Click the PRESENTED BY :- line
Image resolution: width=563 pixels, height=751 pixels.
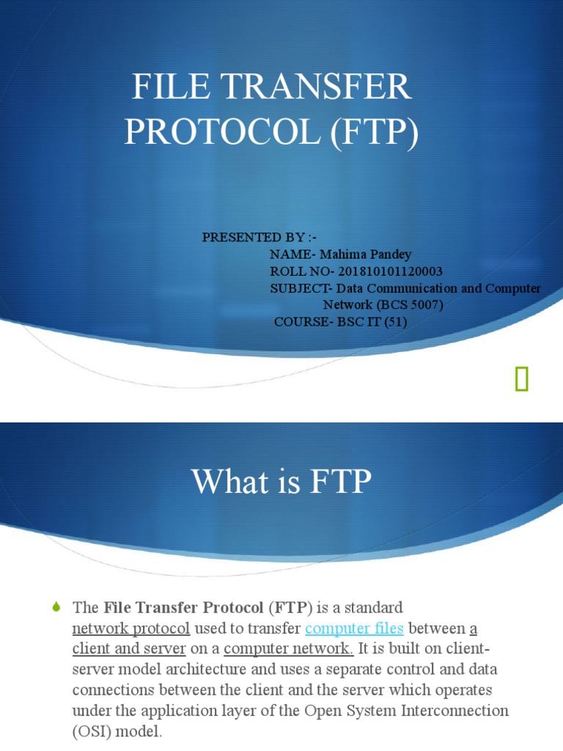coord(253,237)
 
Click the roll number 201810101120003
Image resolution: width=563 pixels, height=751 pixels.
coord(391,271)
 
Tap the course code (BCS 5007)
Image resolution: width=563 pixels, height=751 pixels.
coord(410,304)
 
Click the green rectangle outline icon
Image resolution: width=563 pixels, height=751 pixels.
coord(521,379)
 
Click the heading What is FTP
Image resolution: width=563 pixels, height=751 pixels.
coord(281,482)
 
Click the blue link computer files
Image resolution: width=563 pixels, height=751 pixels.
coord(354,629)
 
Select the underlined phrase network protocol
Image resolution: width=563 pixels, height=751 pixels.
coord(131,629)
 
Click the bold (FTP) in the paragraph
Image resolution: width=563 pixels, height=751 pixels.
coord(292,607)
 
